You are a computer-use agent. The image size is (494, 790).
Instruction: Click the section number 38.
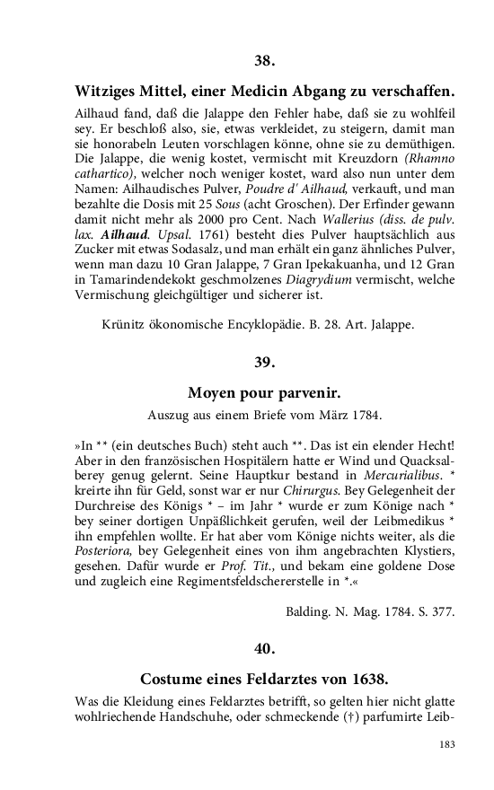click(263, 61)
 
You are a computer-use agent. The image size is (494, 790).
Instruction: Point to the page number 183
click(447, 744)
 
